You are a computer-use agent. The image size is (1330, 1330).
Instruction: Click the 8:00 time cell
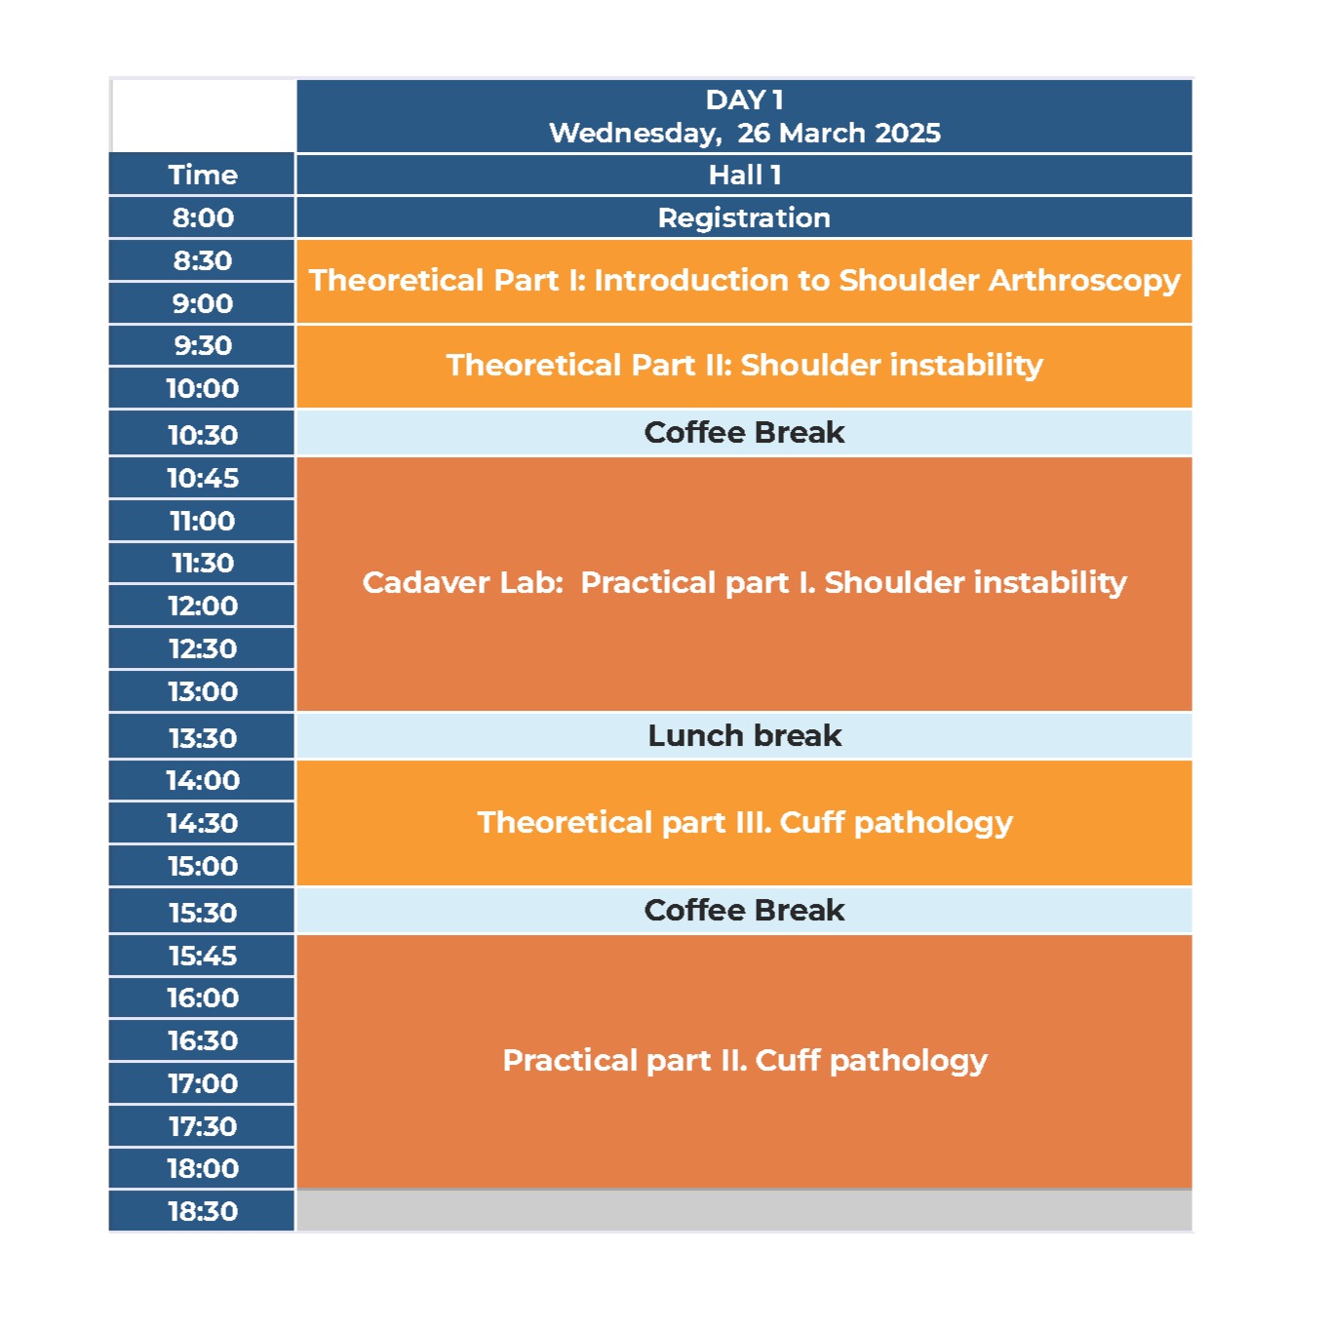click(x=202, y=217)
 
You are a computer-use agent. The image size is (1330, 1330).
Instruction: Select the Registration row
click(x=744, y=217)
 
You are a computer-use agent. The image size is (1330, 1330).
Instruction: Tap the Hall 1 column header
click(x=744, y=175)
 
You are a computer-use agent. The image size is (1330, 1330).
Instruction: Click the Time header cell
click(x=202, y=175)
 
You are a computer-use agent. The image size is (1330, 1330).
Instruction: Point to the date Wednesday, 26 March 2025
click(x=745, y=133)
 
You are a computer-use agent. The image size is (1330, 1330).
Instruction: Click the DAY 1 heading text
click(x=745, y=100)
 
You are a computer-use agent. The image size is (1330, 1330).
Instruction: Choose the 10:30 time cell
click(x=202, y=434)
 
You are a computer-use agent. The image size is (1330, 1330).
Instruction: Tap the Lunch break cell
click(x=744, y=736)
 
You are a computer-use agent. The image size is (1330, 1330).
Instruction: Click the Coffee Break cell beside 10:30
click(x=744, y=433)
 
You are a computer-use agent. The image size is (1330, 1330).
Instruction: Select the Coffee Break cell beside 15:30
click(x=744, y=911)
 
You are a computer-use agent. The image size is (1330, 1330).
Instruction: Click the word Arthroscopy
click(x=1084, y=281)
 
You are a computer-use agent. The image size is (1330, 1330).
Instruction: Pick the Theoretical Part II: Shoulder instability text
click(x=745, y=365)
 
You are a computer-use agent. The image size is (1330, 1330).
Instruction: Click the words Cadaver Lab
click(x=463, y=582)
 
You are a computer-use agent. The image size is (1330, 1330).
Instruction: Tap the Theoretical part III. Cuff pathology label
click(x=745, y=823)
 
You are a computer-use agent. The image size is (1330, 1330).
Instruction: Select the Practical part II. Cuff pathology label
click(x=745, y=1060)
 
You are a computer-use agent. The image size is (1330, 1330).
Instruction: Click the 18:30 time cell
click(x=202, y=1211)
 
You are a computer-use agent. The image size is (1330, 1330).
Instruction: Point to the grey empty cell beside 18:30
click(x=744, y=1211)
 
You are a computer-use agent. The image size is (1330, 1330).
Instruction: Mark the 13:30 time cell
click(x=202, y=737)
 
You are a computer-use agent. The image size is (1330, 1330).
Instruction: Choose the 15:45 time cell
click(x=202, y=956)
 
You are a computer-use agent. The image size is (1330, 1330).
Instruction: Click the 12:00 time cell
click(x=202, y=606)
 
